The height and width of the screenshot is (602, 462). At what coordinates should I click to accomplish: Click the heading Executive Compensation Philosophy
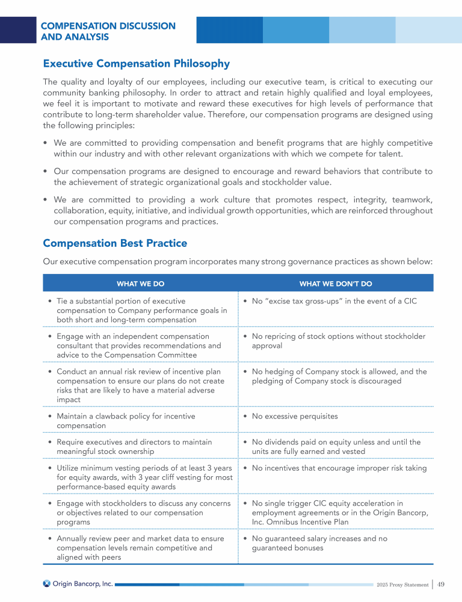pyautogui.click(x=136, y=63)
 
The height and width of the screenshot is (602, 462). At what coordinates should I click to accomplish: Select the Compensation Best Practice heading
pyautogui.click(x=115, y=243)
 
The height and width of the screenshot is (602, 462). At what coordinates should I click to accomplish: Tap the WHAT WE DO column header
pyautogui.click(x=140, y=283)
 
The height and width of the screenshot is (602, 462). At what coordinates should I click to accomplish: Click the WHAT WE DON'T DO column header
pyautogui.click(x=336, y=283)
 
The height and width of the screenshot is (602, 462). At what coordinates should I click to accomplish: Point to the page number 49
pyautogui.click(x=441, y=584)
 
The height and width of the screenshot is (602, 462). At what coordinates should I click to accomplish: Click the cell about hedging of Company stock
pyautogui.click(x=334, y=376)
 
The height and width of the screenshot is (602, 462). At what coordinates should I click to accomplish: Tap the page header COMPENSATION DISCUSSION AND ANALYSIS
pyautogui.click(x=108, y=31)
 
